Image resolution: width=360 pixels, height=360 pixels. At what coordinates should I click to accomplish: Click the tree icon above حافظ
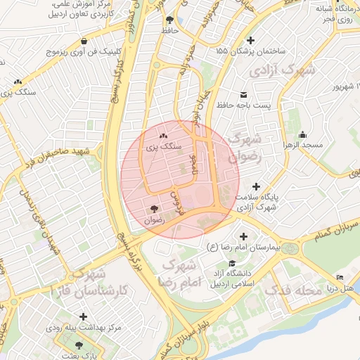pyautogui.click(x=169, y=20)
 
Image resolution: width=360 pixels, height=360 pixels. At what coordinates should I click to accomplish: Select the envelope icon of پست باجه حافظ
pyautogui.click(x=243, y=94)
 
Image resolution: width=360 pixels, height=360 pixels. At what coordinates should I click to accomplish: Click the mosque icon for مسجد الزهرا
pyautogui.click(x=302, y=134)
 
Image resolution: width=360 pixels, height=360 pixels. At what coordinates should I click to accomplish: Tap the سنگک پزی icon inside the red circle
pyautogui.click(x=163, y=136)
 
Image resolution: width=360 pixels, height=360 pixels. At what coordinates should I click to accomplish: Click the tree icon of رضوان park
pyautogui.click(x=154, y=208)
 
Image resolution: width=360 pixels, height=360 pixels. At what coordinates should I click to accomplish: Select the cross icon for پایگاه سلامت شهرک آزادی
pyautogui.click(x=256, y=186)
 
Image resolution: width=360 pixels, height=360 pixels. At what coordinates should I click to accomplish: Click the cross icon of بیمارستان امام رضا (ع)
pyautogui.click(x=244, y=236)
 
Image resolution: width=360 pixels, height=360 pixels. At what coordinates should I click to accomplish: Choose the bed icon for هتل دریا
pyautogui.click(x=340, y=278)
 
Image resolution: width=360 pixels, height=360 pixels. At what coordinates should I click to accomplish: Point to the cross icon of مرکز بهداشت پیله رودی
pyautogui.click(x=84, y=316)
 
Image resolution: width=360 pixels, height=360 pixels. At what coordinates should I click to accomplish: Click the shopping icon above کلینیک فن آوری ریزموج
pyautogui.click(x=84, y=40)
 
